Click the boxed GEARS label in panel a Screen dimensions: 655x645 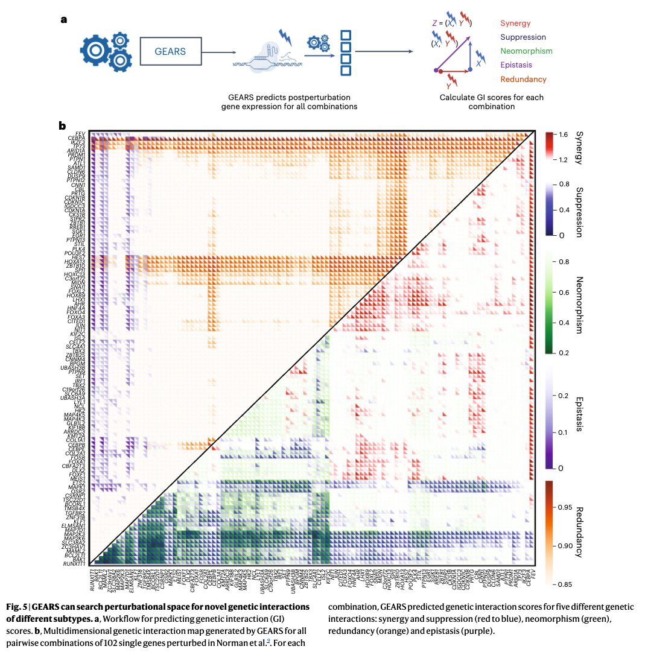point(170,51)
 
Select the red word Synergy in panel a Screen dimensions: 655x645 point(515,24)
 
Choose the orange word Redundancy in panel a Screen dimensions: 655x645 point(523,79)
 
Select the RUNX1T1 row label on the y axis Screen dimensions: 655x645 point(74,564)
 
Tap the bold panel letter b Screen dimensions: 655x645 point(62,126)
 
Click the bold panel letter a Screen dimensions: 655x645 point(64,20)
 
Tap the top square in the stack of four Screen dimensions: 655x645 point(346,34)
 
